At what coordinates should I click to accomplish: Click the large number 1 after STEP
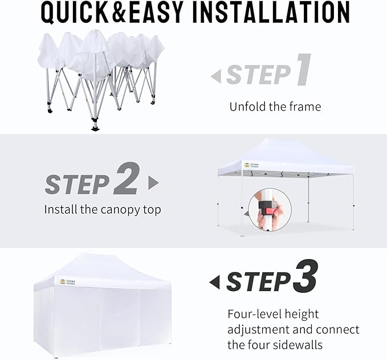(x=303, y=71)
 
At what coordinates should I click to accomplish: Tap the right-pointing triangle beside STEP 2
(x=153, y=182)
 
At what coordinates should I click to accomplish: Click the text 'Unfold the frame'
(x=275, y=107)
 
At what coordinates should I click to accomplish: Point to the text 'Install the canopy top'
(x=103, y=210)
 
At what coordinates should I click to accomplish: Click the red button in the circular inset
(x=265, y=205)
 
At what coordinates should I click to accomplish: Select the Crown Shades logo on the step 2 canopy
(x=251, y=165)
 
